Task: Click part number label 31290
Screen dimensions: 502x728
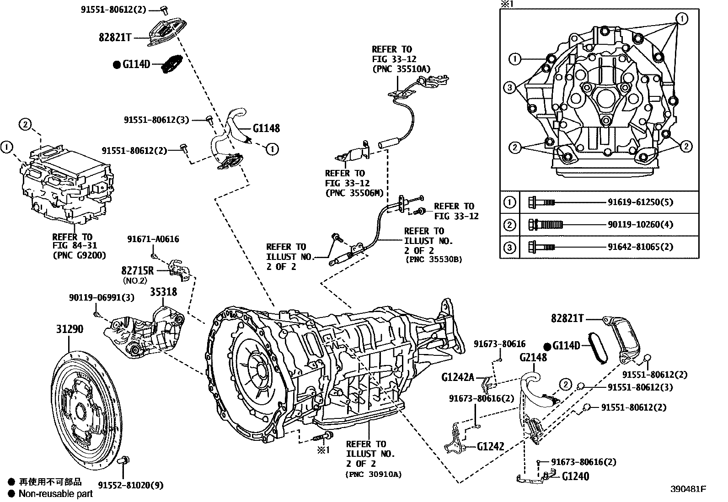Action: click(70, 329)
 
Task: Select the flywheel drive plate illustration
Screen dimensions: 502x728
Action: click(86, 407)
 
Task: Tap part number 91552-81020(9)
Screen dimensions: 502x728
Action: click(130, 485)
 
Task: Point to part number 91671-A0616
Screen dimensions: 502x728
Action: click(153, 239)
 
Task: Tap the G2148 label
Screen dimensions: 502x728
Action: click(533, 358)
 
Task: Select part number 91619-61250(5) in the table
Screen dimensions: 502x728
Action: click(640, 202)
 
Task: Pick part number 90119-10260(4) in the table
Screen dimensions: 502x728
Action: click(640, 224)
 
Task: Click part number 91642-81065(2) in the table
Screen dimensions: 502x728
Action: click(640, 247)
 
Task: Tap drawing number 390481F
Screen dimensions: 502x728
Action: click(689, 489)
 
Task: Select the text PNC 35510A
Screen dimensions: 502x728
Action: click(401, 69)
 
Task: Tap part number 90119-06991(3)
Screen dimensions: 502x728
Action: click(102, 297)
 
